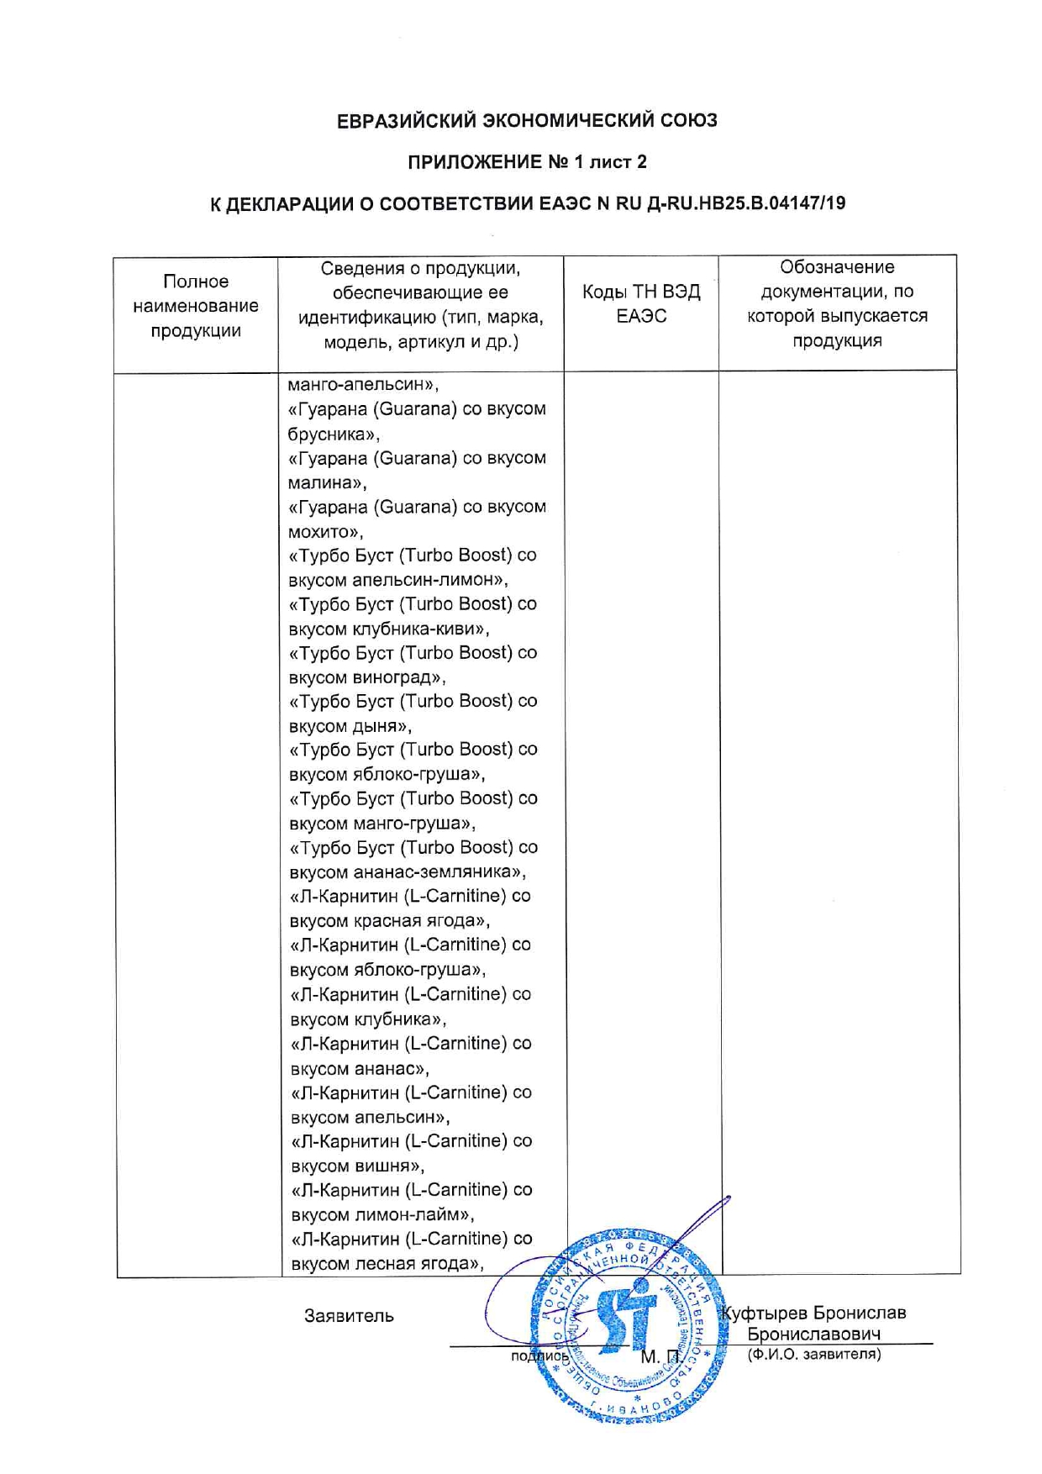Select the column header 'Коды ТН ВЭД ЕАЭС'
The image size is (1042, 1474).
pos(640,303)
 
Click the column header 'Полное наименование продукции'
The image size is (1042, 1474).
pos(195,306)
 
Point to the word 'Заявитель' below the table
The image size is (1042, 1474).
pos(349,1316)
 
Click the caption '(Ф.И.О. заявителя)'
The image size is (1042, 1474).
pos(813,1354)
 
